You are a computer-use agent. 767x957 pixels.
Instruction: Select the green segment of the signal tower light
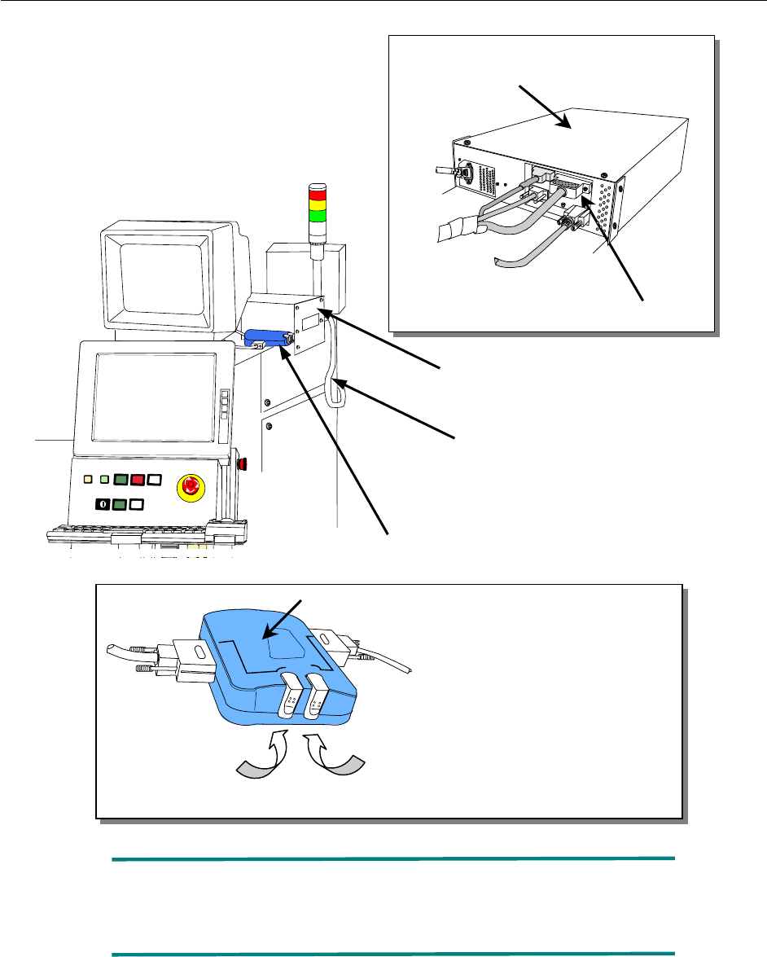[316, 216]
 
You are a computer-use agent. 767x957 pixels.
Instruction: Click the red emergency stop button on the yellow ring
[191, 486]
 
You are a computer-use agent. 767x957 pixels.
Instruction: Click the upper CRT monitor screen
[161, 273]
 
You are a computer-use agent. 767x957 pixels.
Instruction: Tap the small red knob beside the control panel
[243, 466]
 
